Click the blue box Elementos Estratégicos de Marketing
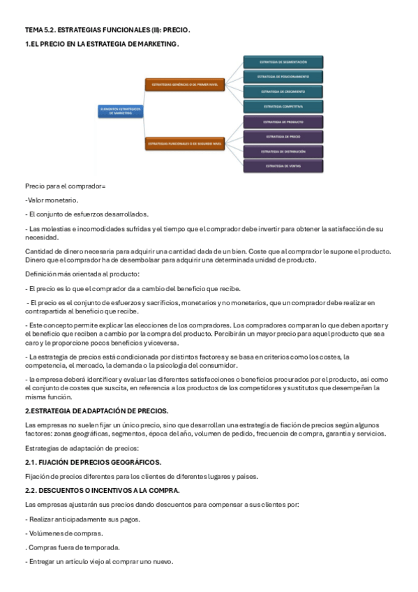(x=121, y=110)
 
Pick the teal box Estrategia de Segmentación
(x=283, y=61)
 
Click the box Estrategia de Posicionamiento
(x=283, y=76)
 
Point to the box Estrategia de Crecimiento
(x=283, y=91)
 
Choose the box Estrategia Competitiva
(x=283, y=106)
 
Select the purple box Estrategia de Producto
(x=283, y=121)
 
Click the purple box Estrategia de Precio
(x=283, y=137)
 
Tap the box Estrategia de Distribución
(x=283, y=151)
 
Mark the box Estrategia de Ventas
(x=283, y=166)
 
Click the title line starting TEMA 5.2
(x=107, y=31)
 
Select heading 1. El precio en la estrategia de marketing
(x=102, y=44)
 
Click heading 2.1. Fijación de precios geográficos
(x=93, y=462)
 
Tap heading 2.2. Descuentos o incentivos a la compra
(x=102, y=490)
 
